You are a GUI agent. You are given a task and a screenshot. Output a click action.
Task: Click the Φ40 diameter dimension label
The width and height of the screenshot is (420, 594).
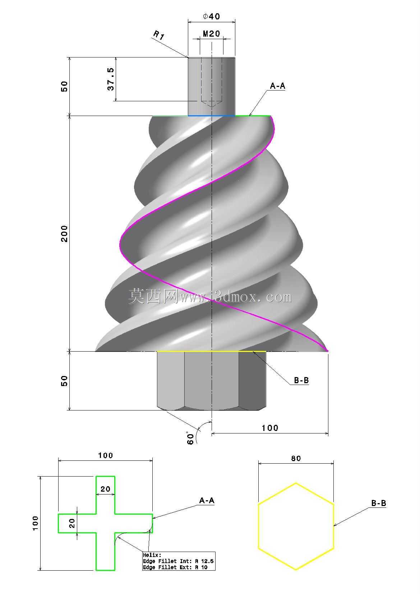tap(212, 17)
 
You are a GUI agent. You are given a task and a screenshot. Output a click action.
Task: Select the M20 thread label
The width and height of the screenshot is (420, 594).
tap(212, 34)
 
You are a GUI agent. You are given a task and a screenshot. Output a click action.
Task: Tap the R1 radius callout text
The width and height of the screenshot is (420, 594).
tap(159, 35)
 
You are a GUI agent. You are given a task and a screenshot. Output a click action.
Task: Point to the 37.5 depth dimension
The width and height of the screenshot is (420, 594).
tap(111, 79)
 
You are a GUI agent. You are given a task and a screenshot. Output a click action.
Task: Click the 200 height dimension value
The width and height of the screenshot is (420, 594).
tap(64, 234)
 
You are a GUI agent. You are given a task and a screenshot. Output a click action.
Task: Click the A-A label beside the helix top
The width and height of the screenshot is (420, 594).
tap(277, 86)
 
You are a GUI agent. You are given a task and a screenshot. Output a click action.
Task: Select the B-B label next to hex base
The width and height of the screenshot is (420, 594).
tap(301, 381)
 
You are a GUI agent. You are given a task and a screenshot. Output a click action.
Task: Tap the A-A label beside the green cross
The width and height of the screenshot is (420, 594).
tap(207, 501)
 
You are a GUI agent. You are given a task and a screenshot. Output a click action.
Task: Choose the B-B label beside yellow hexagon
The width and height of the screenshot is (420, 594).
tap(379, 503)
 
